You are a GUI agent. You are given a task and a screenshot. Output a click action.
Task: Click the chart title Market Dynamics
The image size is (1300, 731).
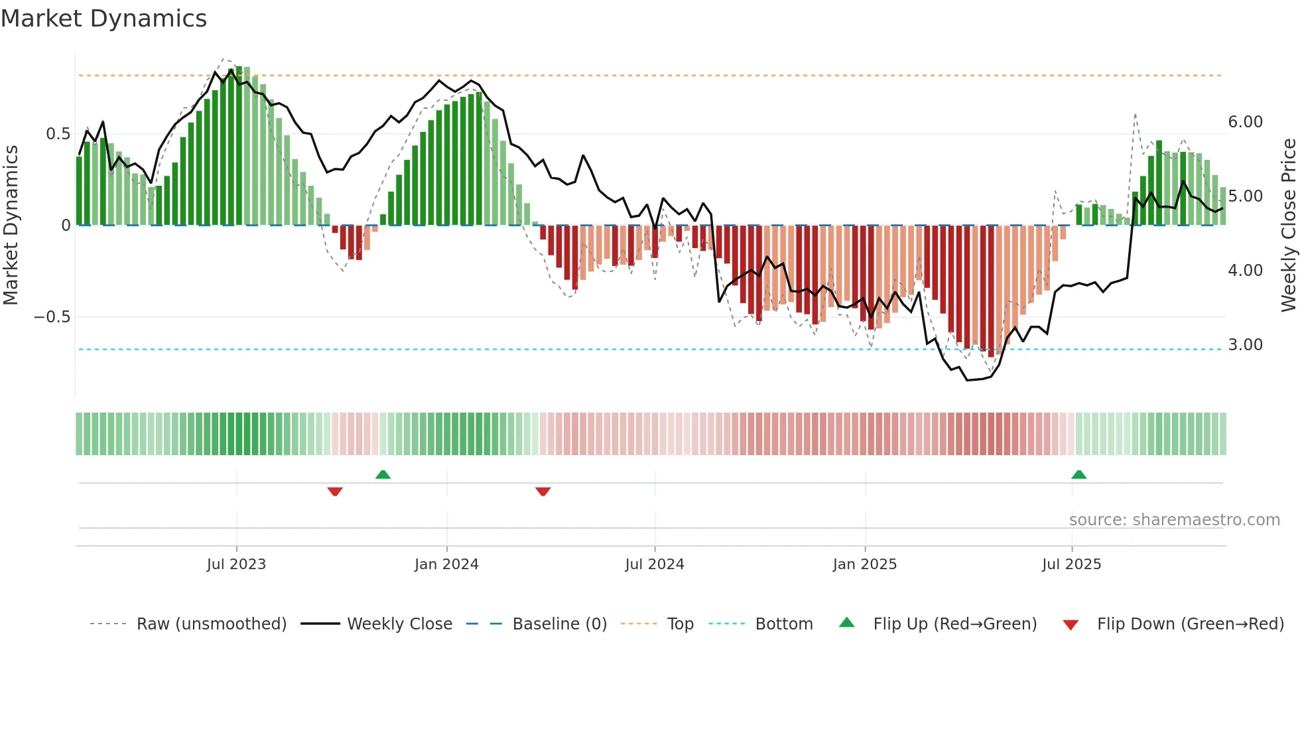pyautogui.click(x=104, y=19)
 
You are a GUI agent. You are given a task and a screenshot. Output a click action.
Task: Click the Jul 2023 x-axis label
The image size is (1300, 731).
pyautogui.click(x=236, y=565)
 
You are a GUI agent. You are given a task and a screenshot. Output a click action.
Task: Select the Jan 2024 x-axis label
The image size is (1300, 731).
pyautogui.click(x=446, y=565)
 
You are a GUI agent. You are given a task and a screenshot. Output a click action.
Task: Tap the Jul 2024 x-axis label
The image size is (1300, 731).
pyautogui.click(x=654, y=565)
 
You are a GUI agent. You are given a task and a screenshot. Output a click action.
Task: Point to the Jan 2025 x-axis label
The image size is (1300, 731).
pyautogui.click(x=865, y=565)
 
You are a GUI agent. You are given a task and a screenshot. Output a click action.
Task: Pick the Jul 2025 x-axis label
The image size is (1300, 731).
pyautogui.click(x=1071, y=565)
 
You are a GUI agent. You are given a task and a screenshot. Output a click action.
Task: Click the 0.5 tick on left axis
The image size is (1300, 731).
pyautogui.click(x=58, y=134)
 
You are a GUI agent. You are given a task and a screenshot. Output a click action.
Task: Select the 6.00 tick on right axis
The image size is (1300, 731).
pyautogui.click(x=1245, y=122)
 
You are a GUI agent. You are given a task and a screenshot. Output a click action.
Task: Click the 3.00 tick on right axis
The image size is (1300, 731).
pyautogui.click(x=1245, y=345)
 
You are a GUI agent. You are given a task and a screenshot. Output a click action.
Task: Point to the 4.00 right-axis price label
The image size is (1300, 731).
pyautogui.click(x=1245, y=271)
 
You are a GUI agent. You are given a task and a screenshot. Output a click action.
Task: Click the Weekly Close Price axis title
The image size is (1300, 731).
pyautogui.click(x=1288, y=226)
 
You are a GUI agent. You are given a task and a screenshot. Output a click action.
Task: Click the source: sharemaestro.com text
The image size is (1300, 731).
pyautogui.click(x=1174, y=520)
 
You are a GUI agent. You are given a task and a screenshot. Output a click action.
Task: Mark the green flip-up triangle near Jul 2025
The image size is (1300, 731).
pyautogui.click(x=1078, y=474)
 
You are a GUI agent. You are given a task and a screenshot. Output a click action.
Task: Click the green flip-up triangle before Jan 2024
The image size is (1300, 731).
pyautogui.click(x=383, y=474)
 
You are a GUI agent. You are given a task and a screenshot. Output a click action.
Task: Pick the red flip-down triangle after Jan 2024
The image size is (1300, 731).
pyautogui.click(x=543, y=492)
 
